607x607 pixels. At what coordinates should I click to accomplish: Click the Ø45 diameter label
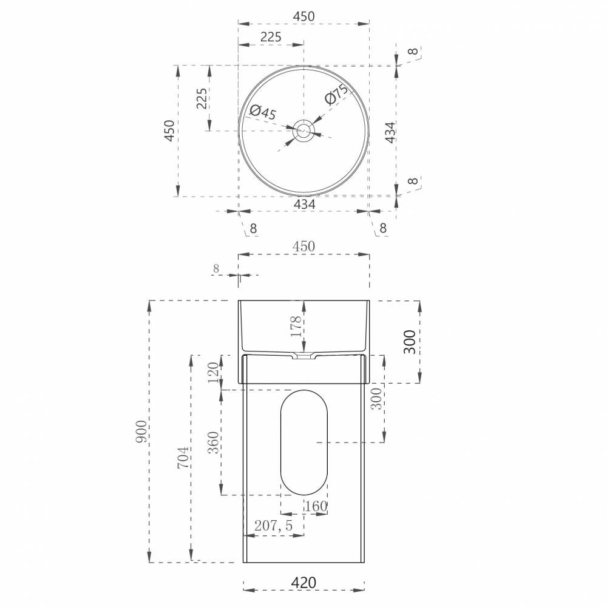[x=263, y=112]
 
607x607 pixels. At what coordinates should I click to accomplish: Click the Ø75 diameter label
[x=335, y=95]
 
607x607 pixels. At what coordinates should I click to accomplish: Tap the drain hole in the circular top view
[x=303, y=130]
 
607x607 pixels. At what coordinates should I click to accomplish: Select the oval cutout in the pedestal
[x=303, y=442]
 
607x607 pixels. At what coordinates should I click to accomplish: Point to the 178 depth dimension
[x=296, y=327]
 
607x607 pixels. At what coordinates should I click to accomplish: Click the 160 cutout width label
[x=316, y=506]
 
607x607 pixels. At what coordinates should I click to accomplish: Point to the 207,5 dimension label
[x=273, y=526]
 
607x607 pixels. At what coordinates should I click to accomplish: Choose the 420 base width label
[x=303, y=583]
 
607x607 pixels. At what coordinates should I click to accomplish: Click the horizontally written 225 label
[x=270, y=36]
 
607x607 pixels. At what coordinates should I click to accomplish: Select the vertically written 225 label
[x=202, y=98]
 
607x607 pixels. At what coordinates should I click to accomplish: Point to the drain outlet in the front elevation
[x=303, y=356]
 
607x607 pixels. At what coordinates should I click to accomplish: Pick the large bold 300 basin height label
[x=410, y=342]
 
